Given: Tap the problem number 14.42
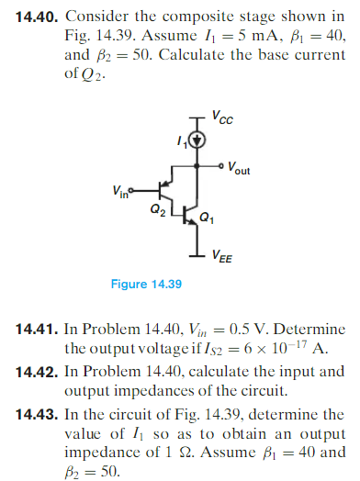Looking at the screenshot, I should click(34, 371).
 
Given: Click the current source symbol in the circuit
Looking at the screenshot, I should click(196, 141).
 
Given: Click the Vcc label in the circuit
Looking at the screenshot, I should click(220, 117).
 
